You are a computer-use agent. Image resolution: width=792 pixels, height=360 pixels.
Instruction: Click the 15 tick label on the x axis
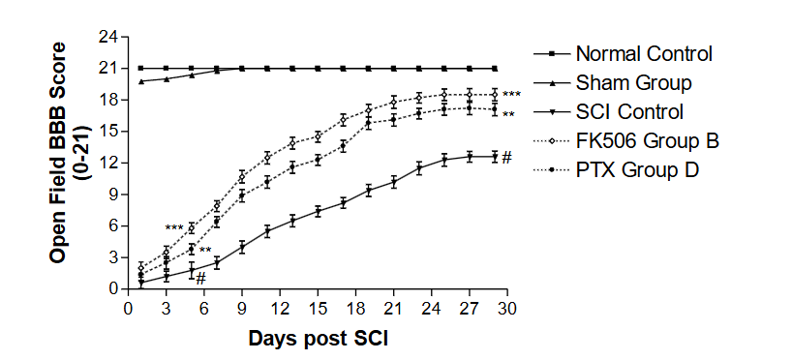[318, 308]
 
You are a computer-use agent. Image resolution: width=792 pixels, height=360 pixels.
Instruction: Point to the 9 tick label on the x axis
[242, 308]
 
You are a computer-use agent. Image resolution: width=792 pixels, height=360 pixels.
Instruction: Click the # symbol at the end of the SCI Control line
[506, 157]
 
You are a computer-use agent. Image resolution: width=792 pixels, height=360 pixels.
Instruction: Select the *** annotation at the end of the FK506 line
[511, 95]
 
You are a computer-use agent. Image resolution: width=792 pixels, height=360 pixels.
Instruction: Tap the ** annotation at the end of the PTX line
[508, 115]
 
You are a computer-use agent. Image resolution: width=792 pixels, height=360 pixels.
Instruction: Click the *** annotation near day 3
[174, 228]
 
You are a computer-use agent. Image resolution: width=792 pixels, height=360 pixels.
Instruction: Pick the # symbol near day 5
[200, 279]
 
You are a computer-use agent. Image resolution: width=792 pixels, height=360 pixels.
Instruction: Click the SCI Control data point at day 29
[494, 156]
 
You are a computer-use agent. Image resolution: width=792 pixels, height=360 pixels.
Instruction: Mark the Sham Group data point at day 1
[141, 81]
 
